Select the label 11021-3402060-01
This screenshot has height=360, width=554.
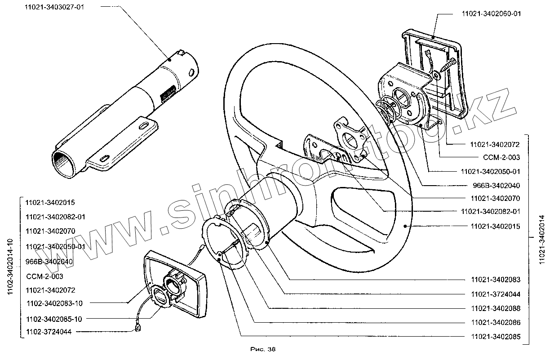coord(491,13)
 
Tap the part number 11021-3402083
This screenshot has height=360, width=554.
coord(496,280)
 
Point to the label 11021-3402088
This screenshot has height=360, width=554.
coord(496,308)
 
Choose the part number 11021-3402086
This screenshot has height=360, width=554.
coord(496,323)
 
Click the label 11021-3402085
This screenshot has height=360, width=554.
coord(496,337)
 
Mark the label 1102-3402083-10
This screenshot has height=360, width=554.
coord(54,303)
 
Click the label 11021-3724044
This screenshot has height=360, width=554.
coord(496,294)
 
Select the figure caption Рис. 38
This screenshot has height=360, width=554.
coord(262,349)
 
